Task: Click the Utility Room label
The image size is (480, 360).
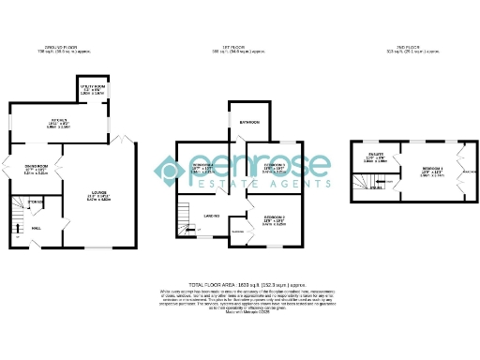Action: pyautogui.click(x=91, y=86)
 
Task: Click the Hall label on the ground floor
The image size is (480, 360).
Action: pyautogui.click(x=36, y=227)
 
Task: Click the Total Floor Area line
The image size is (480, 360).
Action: pyautogui.click(x=247, y=283)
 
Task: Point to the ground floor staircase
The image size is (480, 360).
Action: pyautogui.click(x=16, y=220)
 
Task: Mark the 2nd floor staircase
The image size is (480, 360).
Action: pyautogui.click(x=359, y=178)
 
